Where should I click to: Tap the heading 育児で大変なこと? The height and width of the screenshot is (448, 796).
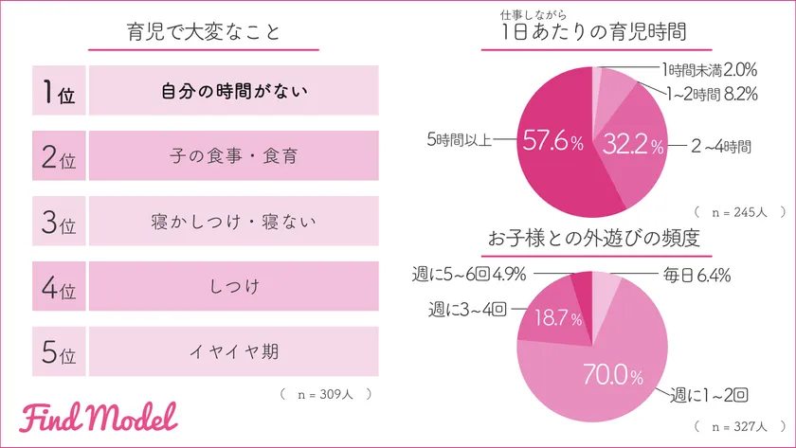(204, 33)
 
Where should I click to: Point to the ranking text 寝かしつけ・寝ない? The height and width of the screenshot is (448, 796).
(233, 222)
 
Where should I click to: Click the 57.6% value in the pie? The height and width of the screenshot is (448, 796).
(551, 142)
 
